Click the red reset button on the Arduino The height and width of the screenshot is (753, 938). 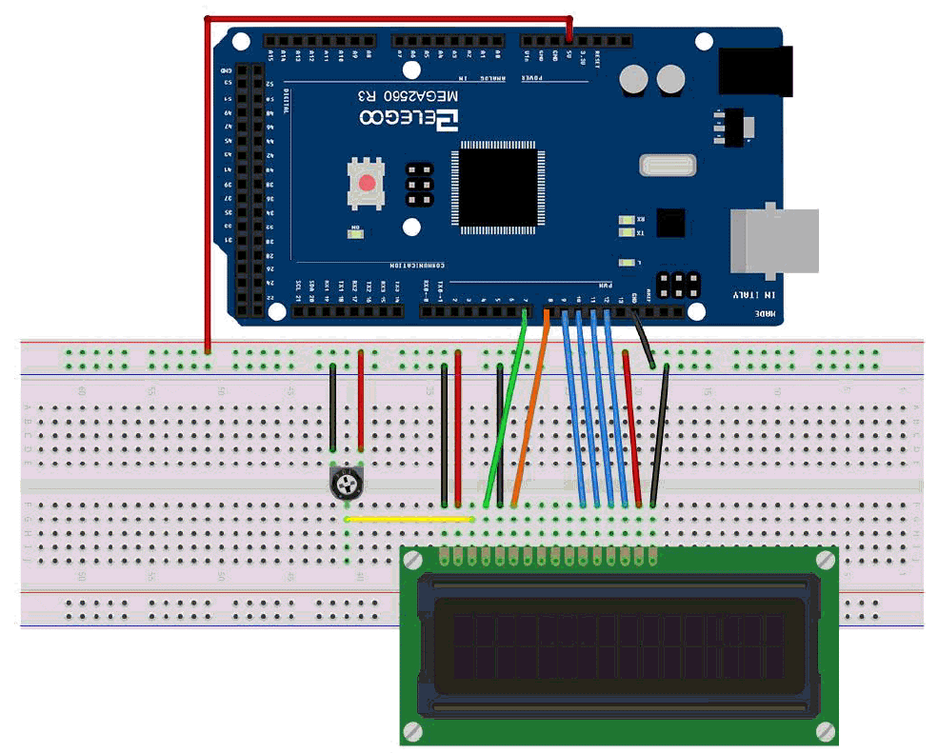[x=367, y=182]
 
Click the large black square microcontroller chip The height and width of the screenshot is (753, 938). [x=499, y=186]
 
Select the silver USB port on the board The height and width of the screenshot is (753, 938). [x=774, y=240]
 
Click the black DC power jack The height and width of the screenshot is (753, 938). [x=755, y=71]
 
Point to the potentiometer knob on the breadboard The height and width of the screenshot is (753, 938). [x=347, y=485]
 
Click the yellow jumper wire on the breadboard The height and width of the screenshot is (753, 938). [x=409, y=519]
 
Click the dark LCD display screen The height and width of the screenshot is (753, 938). [x=619, y=647]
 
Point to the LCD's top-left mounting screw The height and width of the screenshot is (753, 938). [x=413, y=561]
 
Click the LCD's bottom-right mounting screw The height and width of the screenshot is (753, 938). [x=825, y=730]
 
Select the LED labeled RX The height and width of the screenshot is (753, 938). [x=626, y=219]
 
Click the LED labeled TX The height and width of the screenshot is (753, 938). [x=626, y=232]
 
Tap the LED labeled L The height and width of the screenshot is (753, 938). [x=626, y=263]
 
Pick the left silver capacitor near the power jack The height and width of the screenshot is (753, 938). [x=633, y=79]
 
